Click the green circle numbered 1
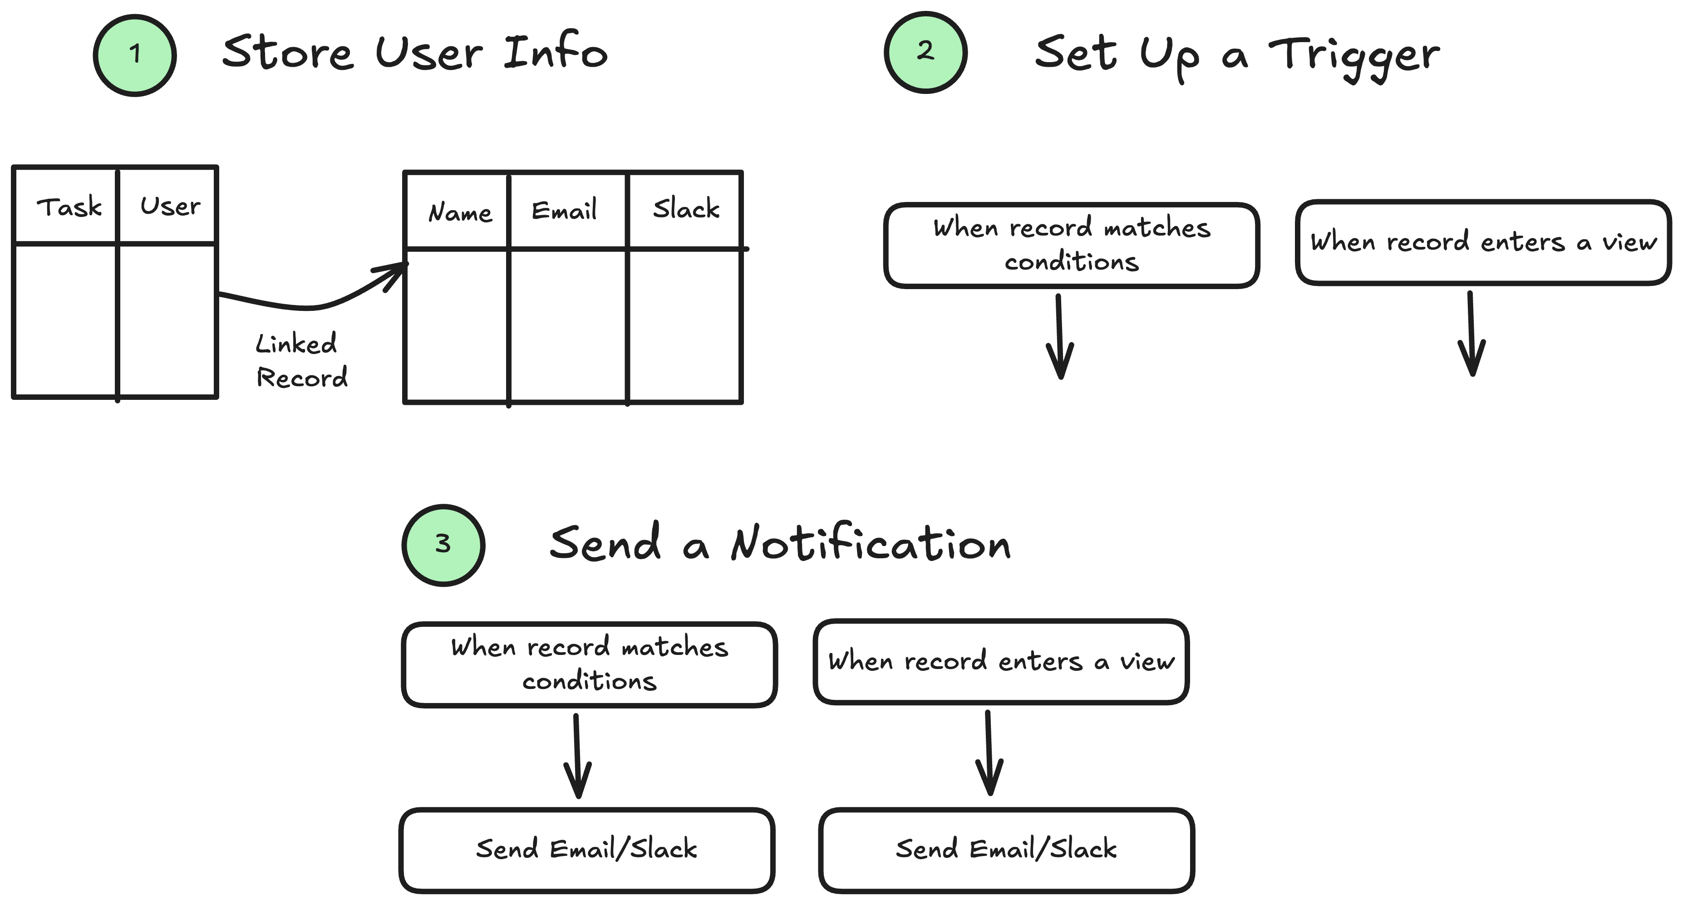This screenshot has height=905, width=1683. coord(135,55)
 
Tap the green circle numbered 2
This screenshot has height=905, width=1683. coord(925,52)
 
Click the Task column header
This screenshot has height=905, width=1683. coord(69,207)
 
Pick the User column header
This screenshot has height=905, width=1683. coord(170,207)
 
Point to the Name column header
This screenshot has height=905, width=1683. coord(459,212)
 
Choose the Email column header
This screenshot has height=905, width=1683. coord(564,211)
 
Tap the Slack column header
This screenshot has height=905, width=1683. coord(685,209)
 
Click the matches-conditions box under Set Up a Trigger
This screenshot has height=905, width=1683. coord(1072,245)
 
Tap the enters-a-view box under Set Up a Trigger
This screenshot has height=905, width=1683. coord(1483,242)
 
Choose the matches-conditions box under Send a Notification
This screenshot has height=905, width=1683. coord(589,664)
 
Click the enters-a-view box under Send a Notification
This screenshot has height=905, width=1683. coord(1001,661)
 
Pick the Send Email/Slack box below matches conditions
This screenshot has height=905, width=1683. coord(587,850)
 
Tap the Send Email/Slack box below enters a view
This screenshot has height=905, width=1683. coord(1006,850)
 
